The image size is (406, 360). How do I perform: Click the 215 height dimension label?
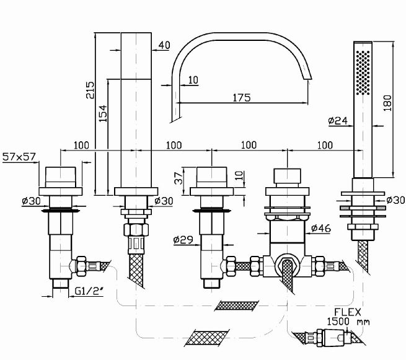pyautogui.click(x=90, y=90)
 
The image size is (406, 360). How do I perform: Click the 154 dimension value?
pyautogui.click(x=103, y=112)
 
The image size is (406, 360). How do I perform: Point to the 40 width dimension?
pyautogui.click(x=164, y=45)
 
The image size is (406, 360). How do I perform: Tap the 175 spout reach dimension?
pyautogui.click(x=242, y=97)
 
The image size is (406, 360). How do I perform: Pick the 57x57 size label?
pyautogui.click(x=19, y=157)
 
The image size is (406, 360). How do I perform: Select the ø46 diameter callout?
pyautogui.click(x=320, y=229)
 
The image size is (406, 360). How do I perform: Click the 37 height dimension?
pyautogui.click(x=177, y=178)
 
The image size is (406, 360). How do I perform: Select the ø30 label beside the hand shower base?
pyautogui.click(x=395, y=200)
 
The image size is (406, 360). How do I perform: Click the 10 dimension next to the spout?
pyautogui.click(x=193, y=79)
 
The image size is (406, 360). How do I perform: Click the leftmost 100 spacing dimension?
pyautogui.click(x=81, y=145)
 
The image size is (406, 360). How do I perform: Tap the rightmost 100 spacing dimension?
pyautogui.click(x=322, y=145)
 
